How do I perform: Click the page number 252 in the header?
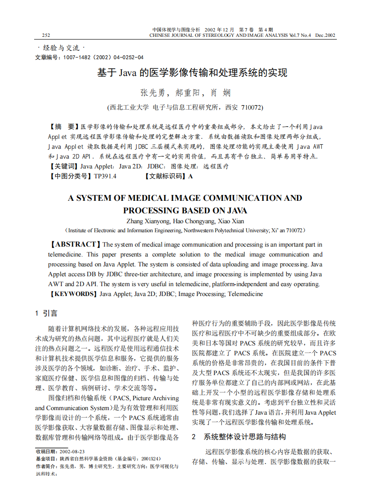pos(46,35)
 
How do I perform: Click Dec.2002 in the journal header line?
pos(325,35)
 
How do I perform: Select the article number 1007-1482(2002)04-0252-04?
pos(103,57)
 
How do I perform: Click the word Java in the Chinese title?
pos(128,73)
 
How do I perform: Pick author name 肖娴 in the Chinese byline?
pos(221,93)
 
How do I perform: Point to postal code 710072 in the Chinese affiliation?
pos(252,107)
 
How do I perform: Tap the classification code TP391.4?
pos(105,176)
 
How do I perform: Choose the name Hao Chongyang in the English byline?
pos(194,221)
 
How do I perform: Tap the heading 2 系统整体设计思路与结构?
pos(238,437)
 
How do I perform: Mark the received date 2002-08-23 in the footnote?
pos(72,451)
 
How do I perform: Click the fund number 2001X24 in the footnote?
pos(150,459)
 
